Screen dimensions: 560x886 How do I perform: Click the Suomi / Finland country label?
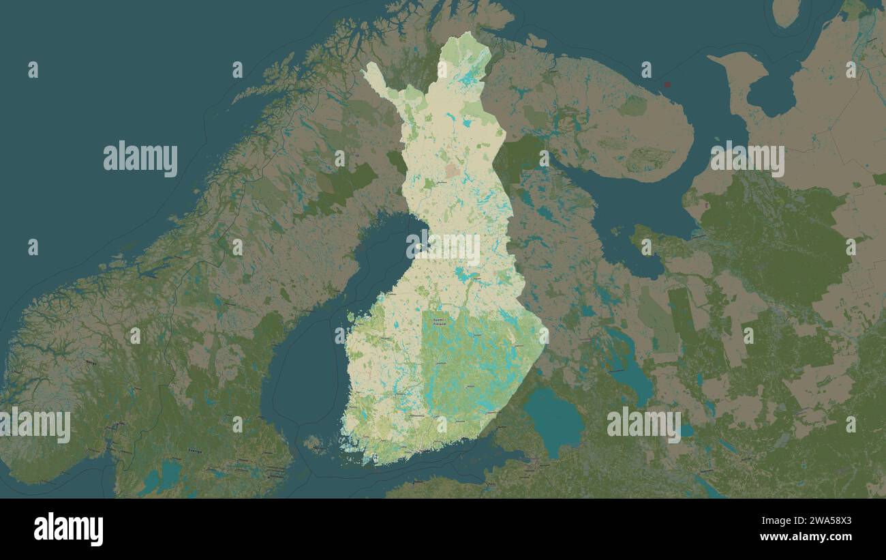[x=440, y=321]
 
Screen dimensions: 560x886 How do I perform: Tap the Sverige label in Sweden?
[x=194, y=452]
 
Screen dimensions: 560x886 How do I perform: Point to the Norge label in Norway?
[x=90, y=362]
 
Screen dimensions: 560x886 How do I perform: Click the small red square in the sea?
[x=667, y=85]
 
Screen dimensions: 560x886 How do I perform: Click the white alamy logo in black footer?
[x=68, y=529]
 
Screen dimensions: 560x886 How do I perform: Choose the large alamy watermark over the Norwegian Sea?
[x=140, y=159]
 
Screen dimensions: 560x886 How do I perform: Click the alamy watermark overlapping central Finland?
[x=443, y=248]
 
